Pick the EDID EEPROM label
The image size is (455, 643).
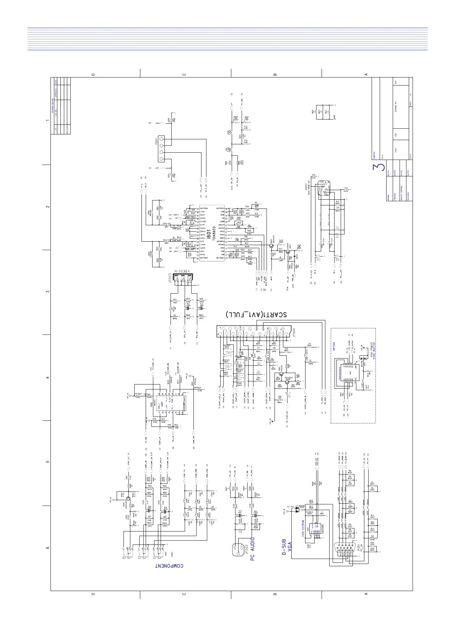point(302,529)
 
